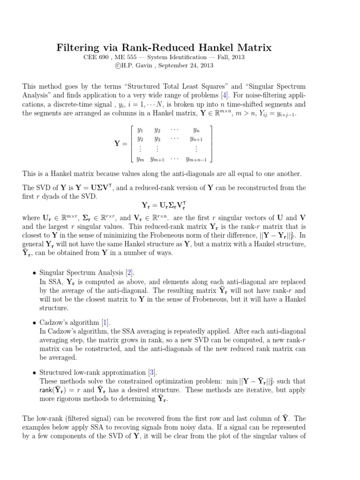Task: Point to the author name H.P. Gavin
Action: tap(135, 66)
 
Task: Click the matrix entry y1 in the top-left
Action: tap(140, 129)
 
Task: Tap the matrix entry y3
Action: tap(157, 139)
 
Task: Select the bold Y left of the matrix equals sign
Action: tap(118, 144)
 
